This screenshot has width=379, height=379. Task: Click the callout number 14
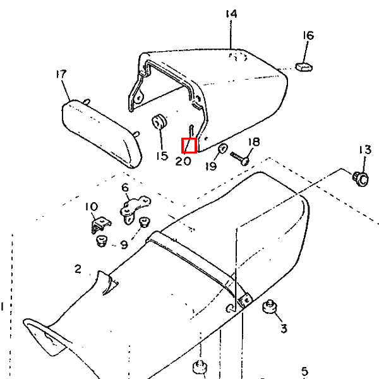pyautogui.click(x=231, y=14)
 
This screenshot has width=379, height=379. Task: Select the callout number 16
pyautogui.click(x=308, y=35)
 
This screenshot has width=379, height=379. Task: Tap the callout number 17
pyautogui.click(x=61, y=74)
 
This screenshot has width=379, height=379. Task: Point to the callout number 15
pyautogui.click(x=162, y=156)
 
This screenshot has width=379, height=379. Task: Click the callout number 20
pyautogui.click(x=183, y=161)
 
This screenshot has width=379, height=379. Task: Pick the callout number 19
pyautogui.click(x=211, y=166)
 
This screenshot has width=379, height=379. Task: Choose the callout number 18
pyautogui.click(x=254, y=142)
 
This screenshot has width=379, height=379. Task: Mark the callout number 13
pyautogui.click(x=365, y=150)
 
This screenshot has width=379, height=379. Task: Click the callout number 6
pyautogui.click(x=125, y=188)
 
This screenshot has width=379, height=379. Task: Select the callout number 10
pyautogui.click(x=92, y=207)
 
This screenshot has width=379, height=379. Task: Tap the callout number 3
pyautogui.click(x=284, y=328)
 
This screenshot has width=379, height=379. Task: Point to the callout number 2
pyautogui.click(x=78, y=269)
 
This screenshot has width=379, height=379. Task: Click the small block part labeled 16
pyautogui.click(x=304, y=67)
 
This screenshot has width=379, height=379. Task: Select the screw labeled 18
pyautogui.click(x=240, y=159)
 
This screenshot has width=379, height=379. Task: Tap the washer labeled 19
pyautogui.click(x=222, y=148)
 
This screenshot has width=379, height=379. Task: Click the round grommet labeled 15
pyautogui.click(x=159, y=121)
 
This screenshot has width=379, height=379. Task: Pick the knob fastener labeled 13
pyautogui.click(x=361, y=179)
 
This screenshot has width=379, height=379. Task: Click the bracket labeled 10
pyautogui.click(x=100, y=224)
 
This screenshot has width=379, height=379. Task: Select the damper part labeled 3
pyautogui.click(x=270, y=306)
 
